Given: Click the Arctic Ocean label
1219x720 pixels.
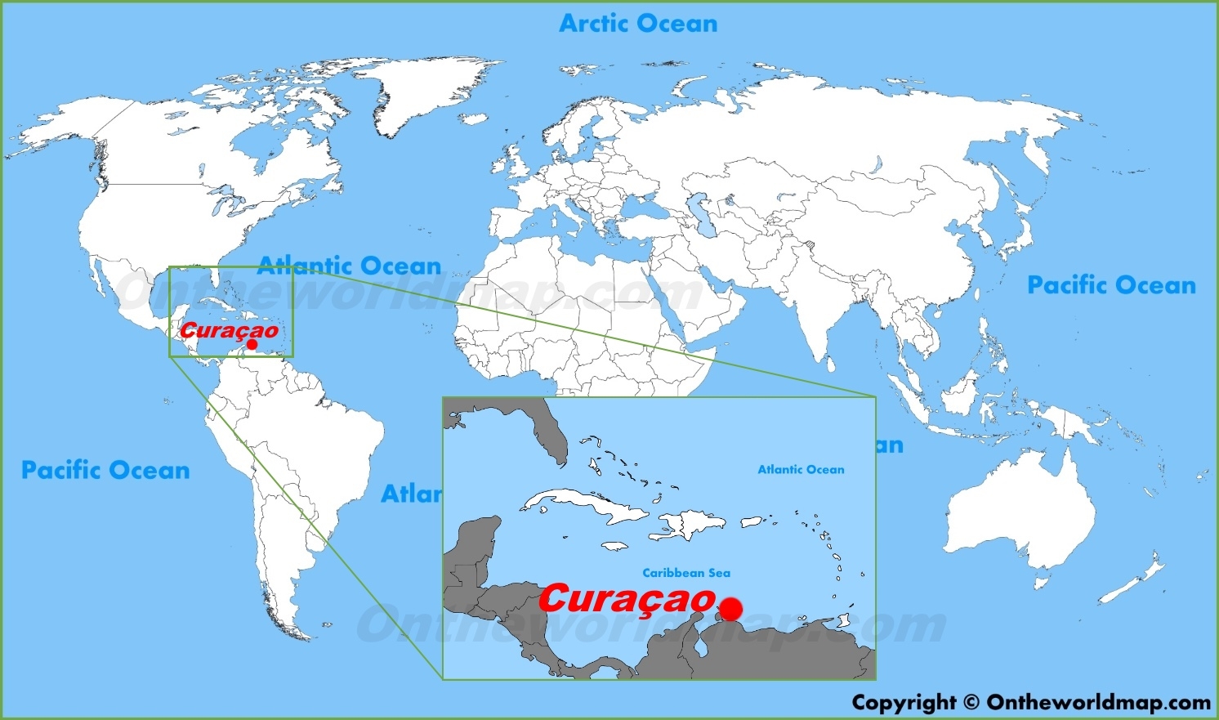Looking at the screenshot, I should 638,24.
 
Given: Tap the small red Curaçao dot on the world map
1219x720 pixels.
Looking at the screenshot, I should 252,345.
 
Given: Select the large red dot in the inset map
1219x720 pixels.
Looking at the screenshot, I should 731,609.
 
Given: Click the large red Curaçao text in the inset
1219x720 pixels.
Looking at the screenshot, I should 627,600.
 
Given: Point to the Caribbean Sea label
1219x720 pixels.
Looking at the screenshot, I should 686,573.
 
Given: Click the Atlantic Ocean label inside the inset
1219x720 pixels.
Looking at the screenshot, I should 801,469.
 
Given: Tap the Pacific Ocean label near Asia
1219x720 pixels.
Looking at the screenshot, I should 1111,285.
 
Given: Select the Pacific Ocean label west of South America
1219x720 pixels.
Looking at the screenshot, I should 105,470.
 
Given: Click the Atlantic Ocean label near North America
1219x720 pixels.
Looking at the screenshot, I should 350,266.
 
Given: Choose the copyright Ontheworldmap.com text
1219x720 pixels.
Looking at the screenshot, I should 1031,702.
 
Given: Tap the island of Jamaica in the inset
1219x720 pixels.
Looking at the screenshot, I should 618,547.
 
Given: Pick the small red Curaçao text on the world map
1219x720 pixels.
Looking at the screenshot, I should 229,331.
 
